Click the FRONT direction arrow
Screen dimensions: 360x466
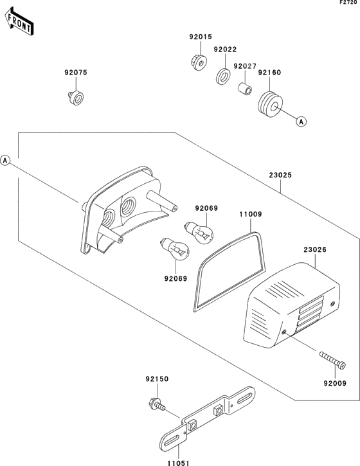click(x=19, y=22)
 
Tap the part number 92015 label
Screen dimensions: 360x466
click(x=201, y=37)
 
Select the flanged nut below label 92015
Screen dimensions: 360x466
click(x=199, y=63)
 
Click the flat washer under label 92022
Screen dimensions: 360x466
click(x=223, y=76)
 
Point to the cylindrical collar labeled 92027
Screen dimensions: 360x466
click(x=245, y=89)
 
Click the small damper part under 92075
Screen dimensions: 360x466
click(x=75, y=98)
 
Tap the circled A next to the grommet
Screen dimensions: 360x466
click(x=301, y=121)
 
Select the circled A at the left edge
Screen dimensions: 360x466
click(x=5, y=161)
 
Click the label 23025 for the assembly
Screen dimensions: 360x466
click(x=280, y=175)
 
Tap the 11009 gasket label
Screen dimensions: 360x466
click(x=251, y=214)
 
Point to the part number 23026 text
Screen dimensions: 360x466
click(x=315, y=249)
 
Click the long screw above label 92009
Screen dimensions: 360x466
click(x=333, y=360)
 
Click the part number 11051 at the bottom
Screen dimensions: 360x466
click(x=178, y=462)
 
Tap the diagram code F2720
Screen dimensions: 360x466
click(x=348, y=3)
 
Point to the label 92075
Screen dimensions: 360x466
click(x=76, y=73)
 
